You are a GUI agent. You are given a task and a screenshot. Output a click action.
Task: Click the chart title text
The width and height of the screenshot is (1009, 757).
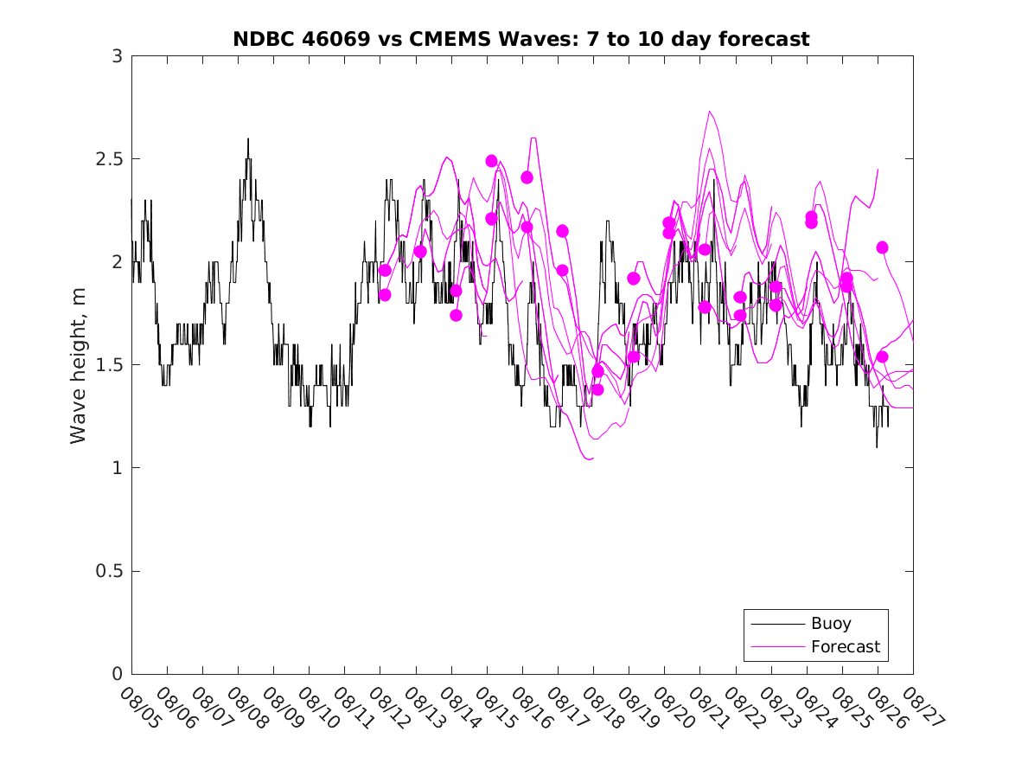click(520, 39)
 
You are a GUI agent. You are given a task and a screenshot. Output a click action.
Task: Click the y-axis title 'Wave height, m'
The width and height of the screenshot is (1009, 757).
click(79, 365)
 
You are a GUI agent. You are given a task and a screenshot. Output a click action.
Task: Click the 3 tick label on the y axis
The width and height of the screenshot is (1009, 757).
click(117, 56)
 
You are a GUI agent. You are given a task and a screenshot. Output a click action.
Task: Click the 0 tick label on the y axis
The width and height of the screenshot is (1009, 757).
click(117, 674)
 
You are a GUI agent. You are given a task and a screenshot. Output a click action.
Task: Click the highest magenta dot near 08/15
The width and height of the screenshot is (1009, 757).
click(491, 161)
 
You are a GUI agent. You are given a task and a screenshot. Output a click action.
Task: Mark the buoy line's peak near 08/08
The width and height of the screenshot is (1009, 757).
click(247, 138)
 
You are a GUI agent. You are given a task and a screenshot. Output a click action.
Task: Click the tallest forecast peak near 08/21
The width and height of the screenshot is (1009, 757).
click(709, 112)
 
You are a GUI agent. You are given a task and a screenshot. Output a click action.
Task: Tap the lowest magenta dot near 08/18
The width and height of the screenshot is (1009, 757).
click(597, 389)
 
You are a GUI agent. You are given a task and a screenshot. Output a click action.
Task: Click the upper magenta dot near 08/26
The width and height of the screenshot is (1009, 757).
click(882, 247)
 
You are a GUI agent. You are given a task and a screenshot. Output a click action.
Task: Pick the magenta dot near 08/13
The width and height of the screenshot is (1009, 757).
click(420, 252)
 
